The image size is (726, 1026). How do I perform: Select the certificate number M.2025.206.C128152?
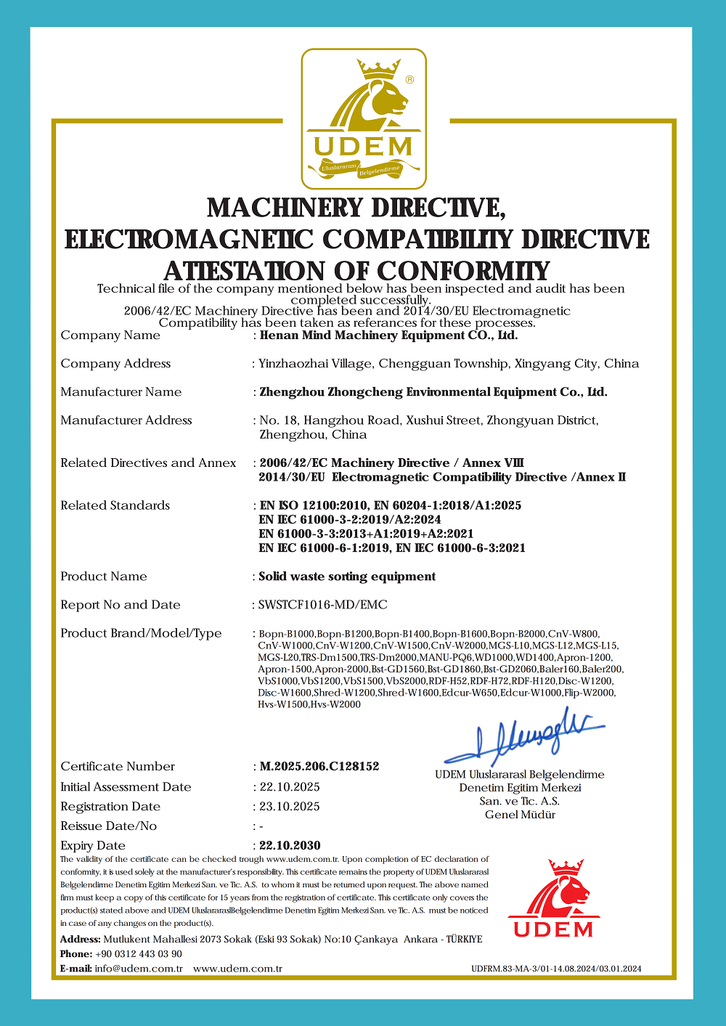(x=319, y=766)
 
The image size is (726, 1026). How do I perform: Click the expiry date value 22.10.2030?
(x=290, y=845)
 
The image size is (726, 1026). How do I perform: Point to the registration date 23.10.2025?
(x=290, y=806)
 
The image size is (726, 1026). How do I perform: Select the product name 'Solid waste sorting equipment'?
(x=347, y=576)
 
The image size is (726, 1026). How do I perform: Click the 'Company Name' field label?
(x=110, y=335)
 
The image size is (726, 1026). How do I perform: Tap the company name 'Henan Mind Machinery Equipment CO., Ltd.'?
(x=388, y=335)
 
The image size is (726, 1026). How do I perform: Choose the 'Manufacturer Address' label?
(x=126, y=420)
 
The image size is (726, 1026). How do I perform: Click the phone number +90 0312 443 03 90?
(x=138, y=953)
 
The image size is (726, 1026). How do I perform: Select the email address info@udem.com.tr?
(x=139, y=969)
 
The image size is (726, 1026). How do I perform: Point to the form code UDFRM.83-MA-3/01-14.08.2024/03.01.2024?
(x=556, y=969)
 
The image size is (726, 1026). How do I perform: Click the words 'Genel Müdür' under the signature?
(x=520, y=815)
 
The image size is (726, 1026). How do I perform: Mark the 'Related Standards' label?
(x=115, y=505)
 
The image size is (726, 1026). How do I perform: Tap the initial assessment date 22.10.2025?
(x=290, y=786)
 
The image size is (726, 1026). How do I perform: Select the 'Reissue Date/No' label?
(x=108, y=826)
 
